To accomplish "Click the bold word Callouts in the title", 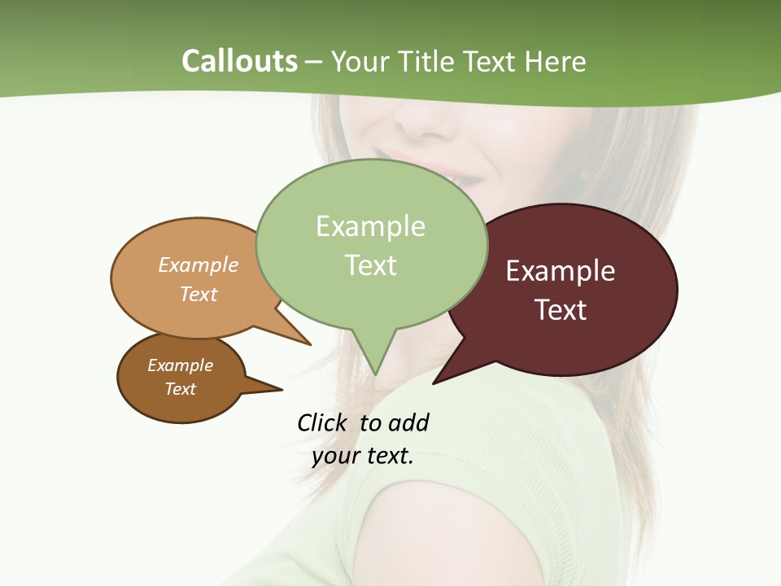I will coord(239,62).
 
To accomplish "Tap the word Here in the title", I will coord(556,62).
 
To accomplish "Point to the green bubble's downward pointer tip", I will coord(375,374).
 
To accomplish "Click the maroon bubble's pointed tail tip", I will coord(434,383).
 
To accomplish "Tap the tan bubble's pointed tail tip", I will coord(310,344).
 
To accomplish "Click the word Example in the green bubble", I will coord(370,226).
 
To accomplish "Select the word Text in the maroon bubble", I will coord(561,310).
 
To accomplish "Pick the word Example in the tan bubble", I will coord(199,265).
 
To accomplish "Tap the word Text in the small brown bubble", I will coord(181,389).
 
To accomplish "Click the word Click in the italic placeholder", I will coord(324,422).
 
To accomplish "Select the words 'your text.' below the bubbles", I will coord(363,456).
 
